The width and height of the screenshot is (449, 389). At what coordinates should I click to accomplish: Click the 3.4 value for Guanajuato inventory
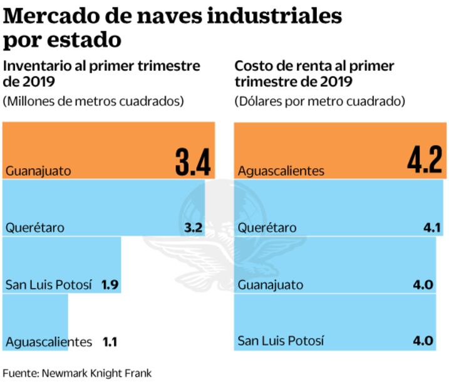pos(192,161)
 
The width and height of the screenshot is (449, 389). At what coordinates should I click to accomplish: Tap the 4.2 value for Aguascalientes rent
pos(425,161)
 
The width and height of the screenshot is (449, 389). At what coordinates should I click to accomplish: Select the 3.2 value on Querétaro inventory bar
pos(194,228)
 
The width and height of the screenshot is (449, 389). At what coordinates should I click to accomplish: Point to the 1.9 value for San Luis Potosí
pos(110,285)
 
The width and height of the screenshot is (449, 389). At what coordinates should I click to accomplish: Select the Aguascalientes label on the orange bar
pos(281,171)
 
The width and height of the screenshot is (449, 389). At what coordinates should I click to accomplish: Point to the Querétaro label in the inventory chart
pos(35,228)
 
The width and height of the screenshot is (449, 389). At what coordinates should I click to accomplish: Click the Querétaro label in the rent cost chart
pos(267,228)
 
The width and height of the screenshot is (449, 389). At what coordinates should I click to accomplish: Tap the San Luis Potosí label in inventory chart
pos(50,285)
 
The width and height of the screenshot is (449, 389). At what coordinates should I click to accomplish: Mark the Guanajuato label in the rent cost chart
pos(271,285)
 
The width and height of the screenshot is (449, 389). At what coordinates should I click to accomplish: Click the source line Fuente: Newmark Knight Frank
pos(77,373)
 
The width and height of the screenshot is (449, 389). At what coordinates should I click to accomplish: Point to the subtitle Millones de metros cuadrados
pos(94,101)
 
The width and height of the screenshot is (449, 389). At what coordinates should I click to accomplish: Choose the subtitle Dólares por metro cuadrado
pos(319,101)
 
